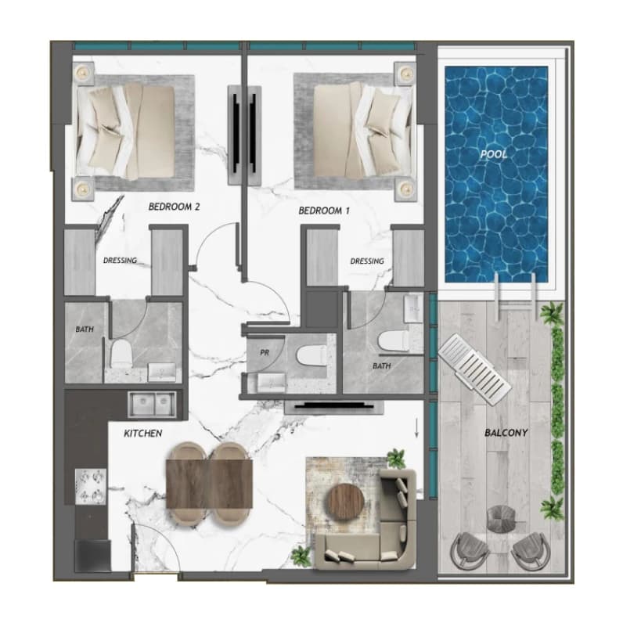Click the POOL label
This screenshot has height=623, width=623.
(494, 154)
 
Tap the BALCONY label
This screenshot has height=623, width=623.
(506, 433)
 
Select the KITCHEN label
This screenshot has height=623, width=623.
(143, 433)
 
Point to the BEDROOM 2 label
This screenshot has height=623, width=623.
(174, 207)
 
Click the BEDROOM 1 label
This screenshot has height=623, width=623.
(324, 211)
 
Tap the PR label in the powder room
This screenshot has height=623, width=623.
(265, 352)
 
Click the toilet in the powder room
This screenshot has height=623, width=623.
(311, 355)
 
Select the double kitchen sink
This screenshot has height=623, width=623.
(152, 405)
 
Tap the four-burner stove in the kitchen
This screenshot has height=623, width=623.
(91, 486)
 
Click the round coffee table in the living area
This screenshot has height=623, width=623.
(345, 502)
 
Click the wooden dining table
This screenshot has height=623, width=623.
(210, 484)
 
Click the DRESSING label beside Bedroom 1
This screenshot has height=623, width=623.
(367, 261)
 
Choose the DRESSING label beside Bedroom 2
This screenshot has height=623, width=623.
(120, 261)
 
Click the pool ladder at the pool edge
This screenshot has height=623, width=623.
(516, 297)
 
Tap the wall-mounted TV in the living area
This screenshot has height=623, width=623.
(333, 406)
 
